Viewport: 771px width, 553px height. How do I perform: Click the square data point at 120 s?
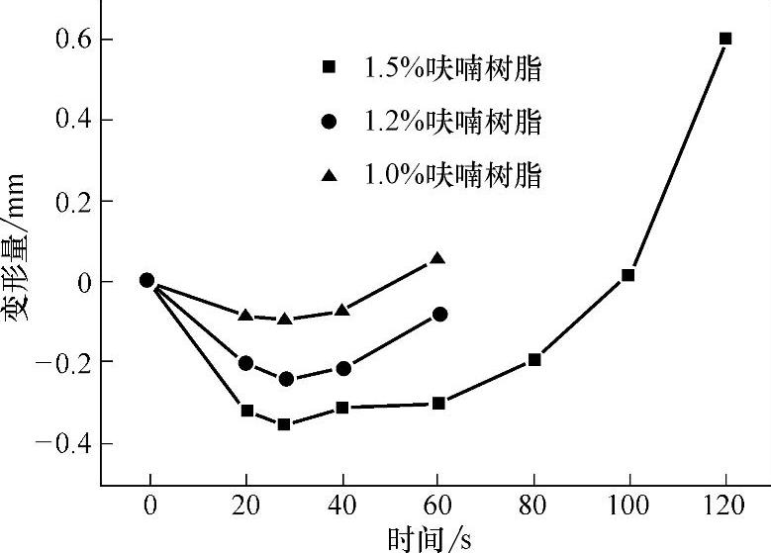(x=725, y=39)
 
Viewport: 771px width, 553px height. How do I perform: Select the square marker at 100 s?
(x=627, y=275)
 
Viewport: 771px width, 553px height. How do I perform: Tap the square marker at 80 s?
(x=534, y=359)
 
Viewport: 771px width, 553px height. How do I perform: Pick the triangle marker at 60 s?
(x=437, y=259)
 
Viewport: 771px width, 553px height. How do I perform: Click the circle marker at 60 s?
(x=439, y=315)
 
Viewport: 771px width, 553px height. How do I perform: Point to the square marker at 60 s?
(x=438, y=403)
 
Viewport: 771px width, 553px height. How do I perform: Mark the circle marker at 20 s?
(x=246, y=363)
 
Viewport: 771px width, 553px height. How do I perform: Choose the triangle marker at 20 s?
(x=246, y=315)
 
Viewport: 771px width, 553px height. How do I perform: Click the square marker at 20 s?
(x=247, y=410)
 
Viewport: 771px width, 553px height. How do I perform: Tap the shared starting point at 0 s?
(x=146, y=280)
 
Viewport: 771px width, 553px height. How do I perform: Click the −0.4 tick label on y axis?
(x=61, y=443)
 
